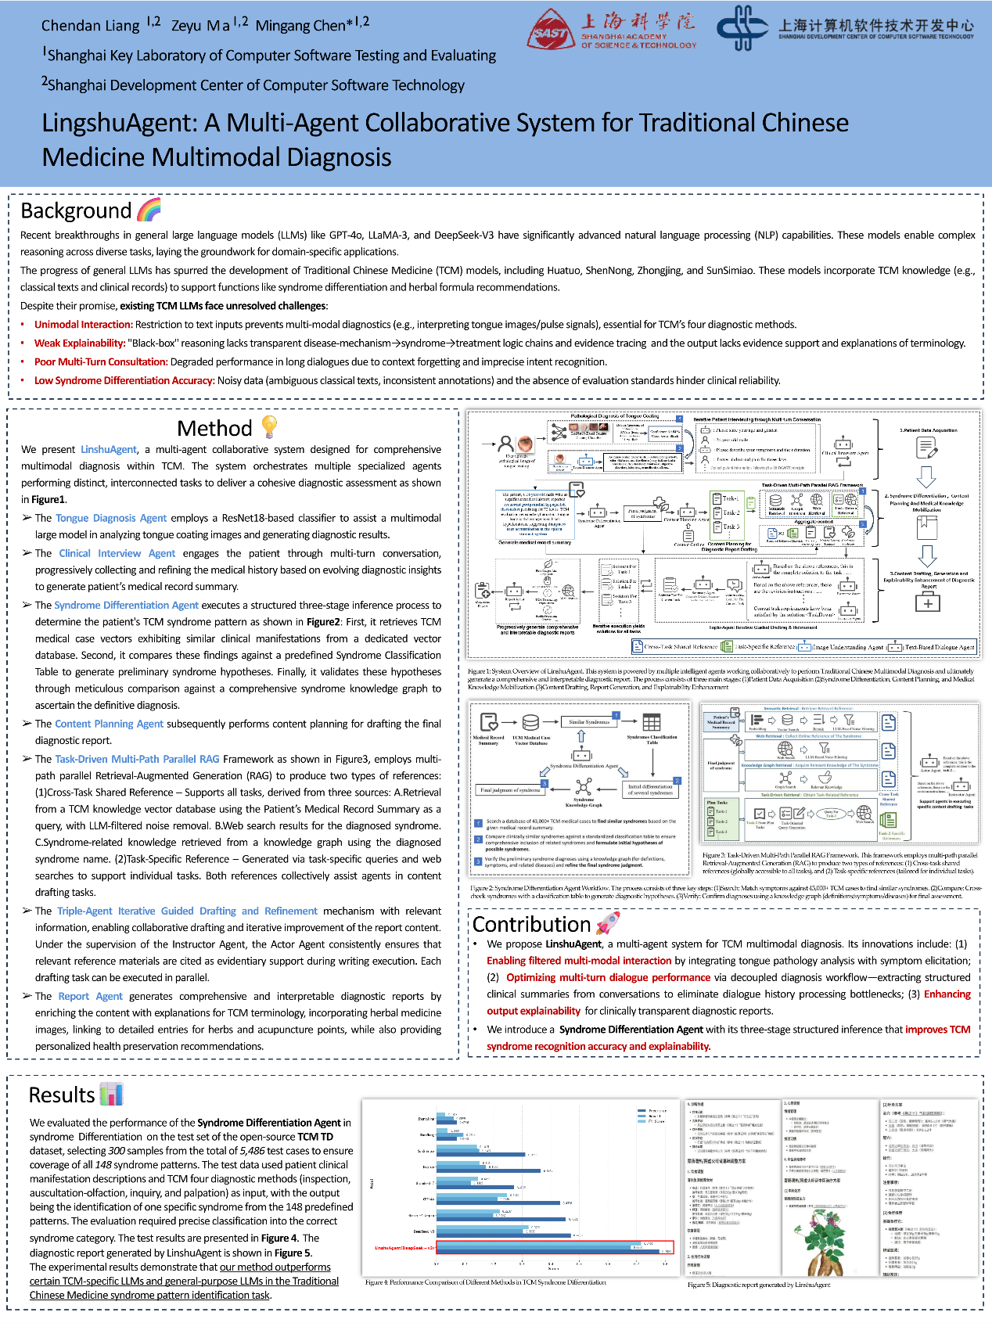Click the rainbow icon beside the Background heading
click(149, 210)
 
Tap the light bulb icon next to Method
click(269, 426)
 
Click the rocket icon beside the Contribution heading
click(608, 923)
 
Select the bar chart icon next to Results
click(112, 1094)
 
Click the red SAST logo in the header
click(551, 30)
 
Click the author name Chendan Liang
click(91, 25)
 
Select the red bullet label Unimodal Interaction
click(84, 325)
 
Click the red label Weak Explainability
click(80, 343)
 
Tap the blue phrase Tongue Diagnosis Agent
click(111, 518)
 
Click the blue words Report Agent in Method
click(90, 996)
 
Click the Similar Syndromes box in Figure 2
click(589, 722)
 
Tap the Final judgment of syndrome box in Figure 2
click(510, 789)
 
